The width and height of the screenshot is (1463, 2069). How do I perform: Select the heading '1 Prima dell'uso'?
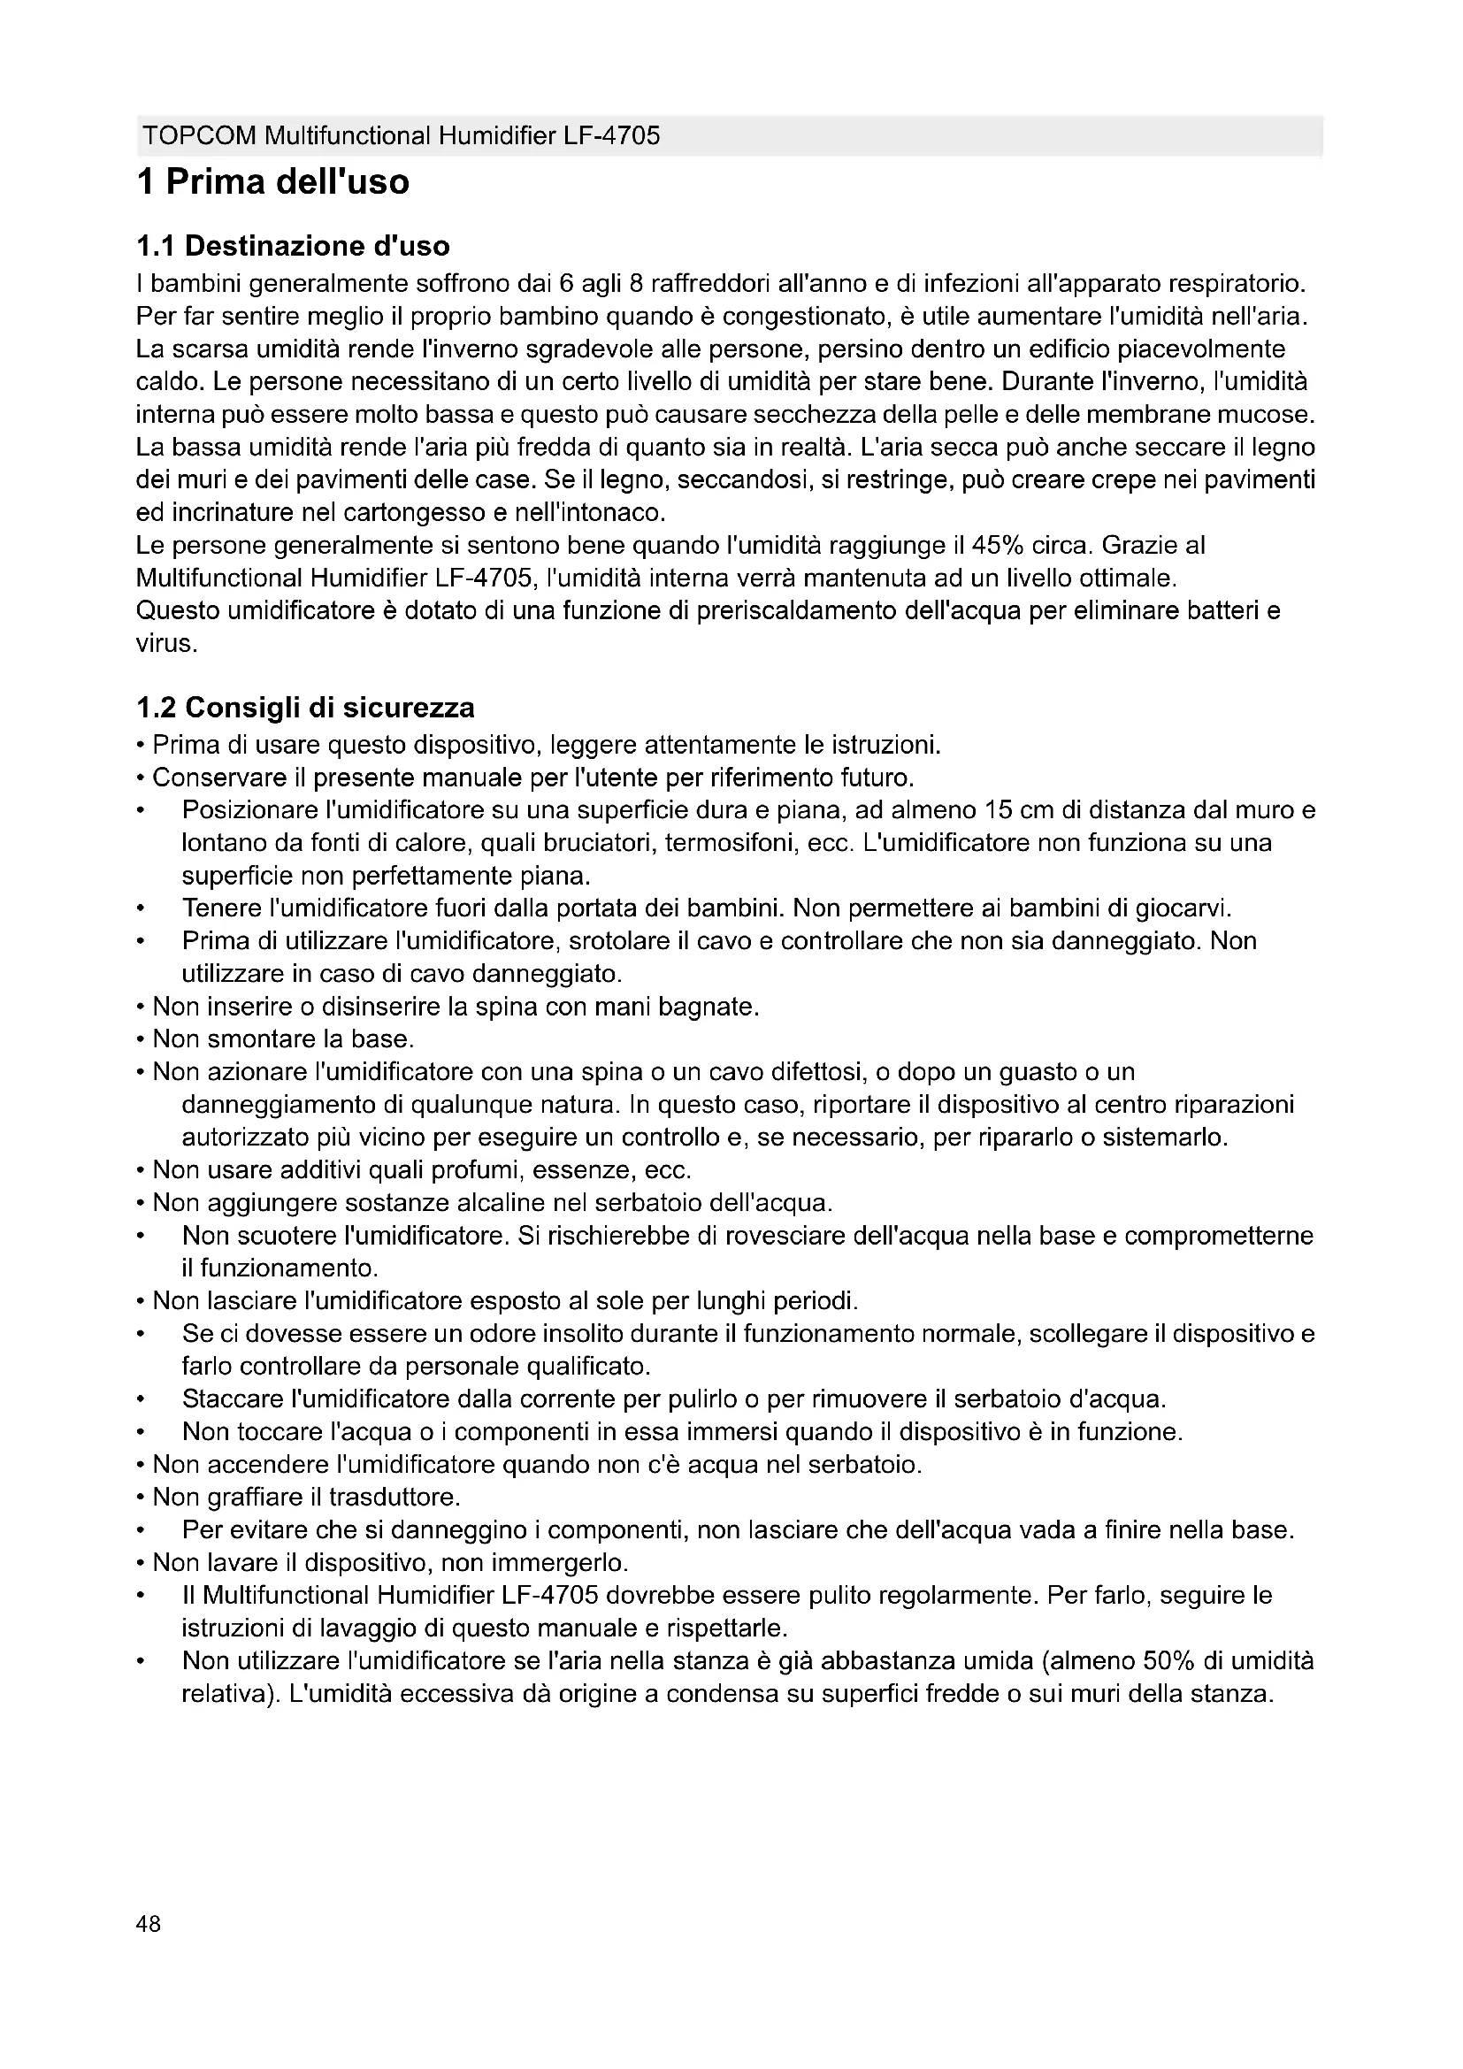(273, 183)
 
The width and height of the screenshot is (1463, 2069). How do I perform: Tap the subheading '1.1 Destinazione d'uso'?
(293, 246)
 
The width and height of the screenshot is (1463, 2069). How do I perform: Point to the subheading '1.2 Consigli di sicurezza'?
(305, 708)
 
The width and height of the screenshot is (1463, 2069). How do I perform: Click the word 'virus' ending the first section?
(163, 643)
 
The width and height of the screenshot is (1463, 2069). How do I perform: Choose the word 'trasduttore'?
(393, 1497)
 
